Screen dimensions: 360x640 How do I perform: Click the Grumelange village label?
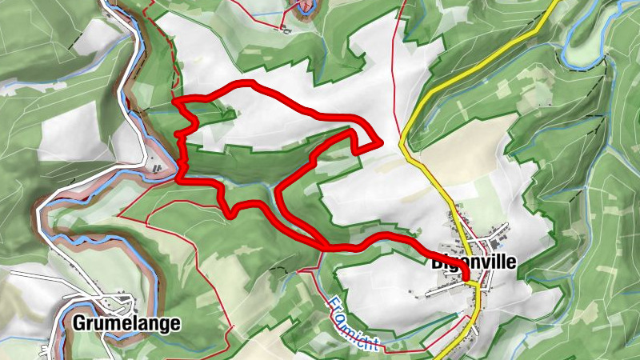click(126, 324)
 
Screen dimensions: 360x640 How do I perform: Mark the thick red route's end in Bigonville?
click(466, 278)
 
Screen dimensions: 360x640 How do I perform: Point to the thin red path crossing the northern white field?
click(394, 80)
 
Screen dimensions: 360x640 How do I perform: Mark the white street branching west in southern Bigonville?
click(448, 292)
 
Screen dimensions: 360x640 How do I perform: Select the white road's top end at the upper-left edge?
click(106, 3)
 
